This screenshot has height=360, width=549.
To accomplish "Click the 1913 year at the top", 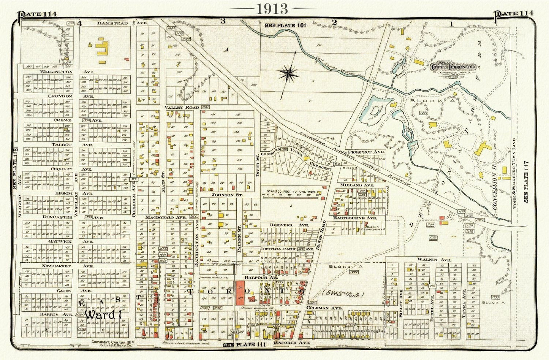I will point(272,9).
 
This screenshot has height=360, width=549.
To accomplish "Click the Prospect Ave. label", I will point(367,152).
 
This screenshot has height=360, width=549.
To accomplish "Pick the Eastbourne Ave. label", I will point(355,218).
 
